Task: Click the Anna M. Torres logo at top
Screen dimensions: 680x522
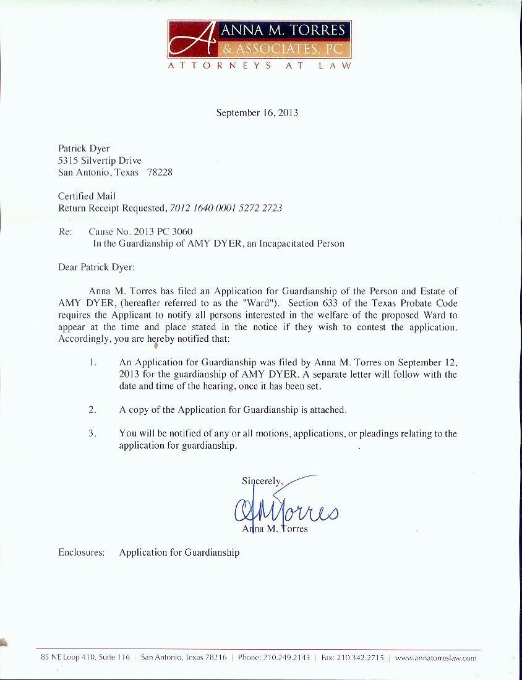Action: click(259, 38)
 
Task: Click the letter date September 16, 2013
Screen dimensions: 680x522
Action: click(257, 113)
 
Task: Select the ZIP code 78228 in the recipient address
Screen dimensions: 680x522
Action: click(160, 172)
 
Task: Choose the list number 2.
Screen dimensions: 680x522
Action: click(92, 409)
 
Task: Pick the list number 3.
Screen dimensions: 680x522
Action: click(92, 433)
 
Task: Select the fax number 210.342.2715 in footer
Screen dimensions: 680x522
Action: click(361, 658)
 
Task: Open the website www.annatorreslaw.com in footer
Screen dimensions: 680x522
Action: click(435, 658)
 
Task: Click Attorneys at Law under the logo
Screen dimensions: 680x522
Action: click(259, 66)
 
